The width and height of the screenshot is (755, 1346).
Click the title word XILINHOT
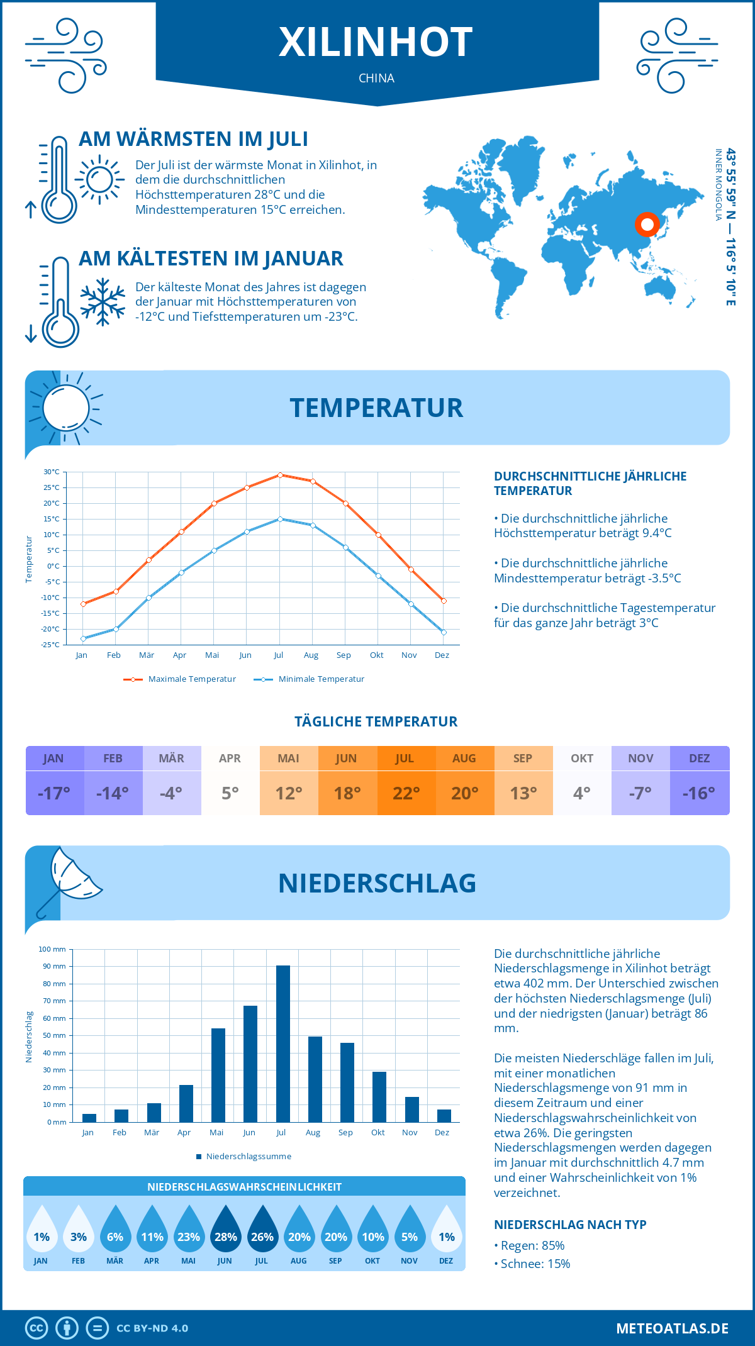click(x=376, y=42)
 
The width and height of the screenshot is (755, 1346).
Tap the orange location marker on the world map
click(x=647, y=224)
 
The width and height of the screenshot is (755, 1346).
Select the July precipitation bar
click(x=283, y=1043)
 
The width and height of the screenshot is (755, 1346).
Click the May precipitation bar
click(x=218, y=1075)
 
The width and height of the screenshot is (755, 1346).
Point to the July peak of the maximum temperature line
click(x=280, y=475)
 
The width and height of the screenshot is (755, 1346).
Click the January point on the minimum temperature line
click(x=83, y=638)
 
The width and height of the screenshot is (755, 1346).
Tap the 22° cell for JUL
click(x=406, y=793)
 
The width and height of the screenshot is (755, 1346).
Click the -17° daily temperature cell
click(x=54, y=793)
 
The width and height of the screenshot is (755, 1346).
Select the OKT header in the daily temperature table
click(x=582, y=759)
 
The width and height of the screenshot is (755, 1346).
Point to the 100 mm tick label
click(x=52, y=949)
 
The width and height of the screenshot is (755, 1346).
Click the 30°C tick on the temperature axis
click(x=52, y=472)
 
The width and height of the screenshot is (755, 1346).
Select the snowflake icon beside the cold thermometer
click(x=103, y=302)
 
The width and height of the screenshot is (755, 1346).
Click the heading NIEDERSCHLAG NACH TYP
click(x=570, y=1225)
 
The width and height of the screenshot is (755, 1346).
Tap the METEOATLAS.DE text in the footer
click(x=672, y=1328)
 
